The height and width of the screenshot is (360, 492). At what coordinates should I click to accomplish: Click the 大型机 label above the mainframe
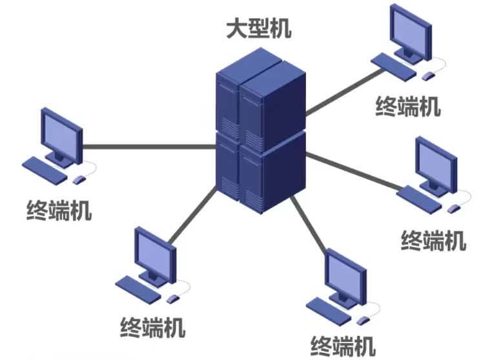point(258,29)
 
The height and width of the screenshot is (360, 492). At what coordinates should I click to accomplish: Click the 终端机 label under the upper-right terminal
point(408,106)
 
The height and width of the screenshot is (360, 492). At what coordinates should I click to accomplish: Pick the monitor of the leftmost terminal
point(62,132)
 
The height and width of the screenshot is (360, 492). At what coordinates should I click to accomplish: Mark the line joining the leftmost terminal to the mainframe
point(149,146)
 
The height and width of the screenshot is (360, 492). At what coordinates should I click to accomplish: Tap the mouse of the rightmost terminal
point(454,208)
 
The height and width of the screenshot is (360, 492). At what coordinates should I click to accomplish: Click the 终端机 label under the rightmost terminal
point(433,240)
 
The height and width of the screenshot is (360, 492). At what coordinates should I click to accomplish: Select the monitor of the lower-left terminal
point(156,252)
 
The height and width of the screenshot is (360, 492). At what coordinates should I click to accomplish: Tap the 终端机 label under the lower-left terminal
point(153,327)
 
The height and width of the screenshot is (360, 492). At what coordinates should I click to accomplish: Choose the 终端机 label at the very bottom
point(343,345)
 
